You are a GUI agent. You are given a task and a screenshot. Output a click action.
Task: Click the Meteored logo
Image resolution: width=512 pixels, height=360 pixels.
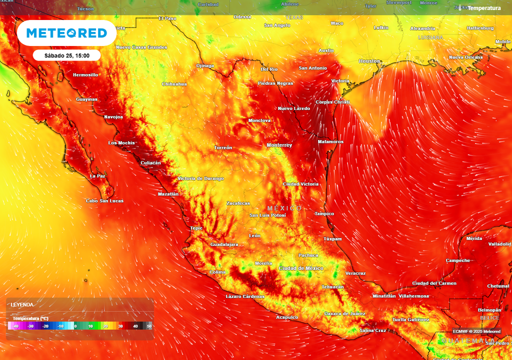click(x=66, y=33)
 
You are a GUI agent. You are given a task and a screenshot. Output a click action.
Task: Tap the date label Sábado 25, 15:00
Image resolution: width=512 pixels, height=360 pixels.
click(x=67, y=55)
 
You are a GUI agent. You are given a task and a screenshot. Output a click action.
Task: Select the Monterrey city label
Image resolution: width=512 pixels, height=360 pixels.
click(x=279, y=145)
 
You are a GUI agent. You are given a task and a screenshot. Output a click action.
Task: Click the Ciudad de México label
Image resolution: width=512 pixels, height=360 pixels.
click(x=301, y=268)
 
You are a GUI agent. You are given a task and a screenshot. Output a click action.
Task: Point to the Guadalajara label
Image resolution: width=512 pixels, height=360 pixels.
click(x=224, y=244)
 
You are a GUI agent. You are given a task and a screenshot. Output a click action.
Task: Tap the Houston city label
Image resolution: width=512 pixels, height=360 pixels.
click(x=369, y=61)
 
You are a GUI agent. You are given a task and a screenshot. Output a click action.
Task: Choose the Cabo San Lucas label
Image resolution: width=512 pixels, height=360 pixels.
click(x=104, y=201)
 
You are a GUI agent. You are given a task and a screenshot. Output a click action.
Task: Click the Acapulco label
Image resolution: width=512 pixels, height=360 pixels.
click(x=287, y=317)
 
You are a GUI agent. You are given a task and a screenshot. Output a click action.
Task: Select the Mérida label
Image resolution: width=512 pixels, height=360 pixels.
click(x=474, y=238)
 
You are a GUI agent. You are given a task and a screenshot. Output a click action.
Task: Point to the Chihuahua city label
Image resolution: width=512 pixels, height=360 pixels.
click(x=174, y=84)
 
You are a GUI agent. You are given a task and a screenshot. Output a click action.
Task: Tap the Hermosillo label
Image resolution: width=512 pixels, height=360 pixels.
click(x=85, y=75)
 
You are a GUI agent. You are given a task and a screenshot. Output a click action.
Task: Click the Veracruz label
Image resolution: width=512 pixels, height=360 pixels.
click(x=355, y=273)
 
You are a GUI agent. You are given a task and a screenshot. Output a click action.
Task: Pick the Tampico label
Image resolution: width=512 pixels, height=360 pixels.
click(x=324, y=214)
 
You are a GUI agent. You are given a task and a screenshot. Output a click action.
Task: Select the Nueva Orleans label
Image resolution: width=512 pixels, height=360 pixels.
click(x=466, y=57)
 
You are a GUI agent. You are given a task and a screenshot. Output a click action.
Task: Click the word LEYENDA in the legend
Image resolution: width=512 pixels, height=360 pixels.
click(x=22, y=304)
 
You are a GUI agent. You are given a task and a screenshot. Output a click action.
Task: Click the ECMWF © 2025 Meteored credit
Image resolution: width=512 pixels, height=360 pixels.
click(x=476, y=331)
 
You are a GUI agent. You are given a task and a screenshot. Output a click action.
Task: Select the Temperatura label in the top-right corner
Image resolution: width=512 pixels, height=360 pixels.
click(x=483, y=8)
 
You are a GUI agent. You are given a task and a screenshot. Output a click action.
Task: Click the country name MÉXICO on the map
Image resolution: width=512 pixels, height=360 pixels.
click(x=284, y=208)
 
